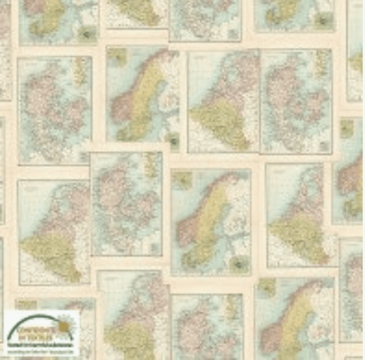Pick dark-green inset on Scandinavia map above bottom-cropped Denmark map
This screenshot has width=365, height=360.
click(239, 264)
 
